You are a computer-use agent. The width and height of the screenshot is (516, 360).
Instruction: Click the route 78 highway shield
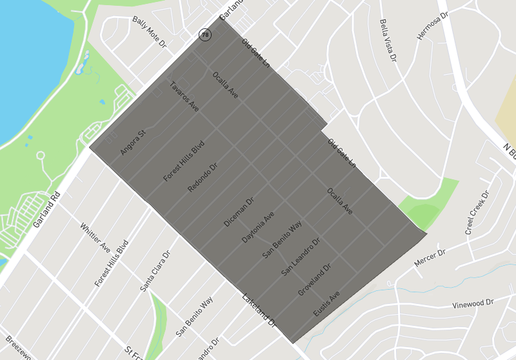click(205, 35)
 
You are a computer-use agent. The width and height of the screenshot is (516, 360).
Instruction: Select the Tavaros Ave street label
click(184, 97)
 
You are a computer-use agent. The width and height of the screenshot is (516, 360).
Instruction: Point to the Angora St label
click(134, 143)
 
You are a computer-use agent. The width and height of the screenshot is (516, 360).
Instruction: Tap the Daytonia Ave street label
click(258, 226)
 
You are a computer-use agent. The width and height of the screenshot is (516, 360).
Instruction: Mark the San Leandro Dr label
click(301, 258)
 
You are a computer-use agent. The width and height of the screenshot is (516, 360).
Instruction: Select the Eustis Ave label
click(326, 304)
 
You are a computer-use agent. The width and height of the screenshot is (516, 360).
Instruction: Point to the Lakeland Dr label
click(259, 310)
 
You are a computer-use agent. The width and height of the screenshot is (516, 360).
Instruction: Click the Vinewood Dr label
click(472, 303)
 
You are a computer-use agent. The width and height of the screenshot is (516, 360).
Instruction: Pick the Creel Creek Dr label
click(477, 212)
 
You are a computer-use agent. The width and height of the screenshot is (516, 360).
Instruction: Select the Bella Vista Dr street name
click(388, 41)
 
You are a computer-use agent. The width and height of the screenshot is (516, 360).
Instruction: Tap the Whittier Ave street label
click(95, 238)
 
